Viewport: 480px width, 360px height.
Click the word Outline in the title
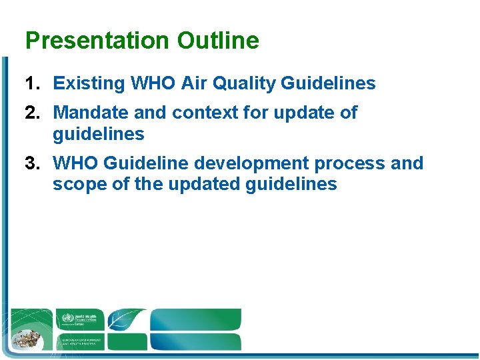pyautogui.click(x=218, y=41)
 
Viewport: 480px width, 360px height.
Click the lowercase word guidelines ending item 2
pyautogui.click(x=99, y=134)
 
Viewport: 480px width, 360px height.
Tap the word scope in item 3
pyautogui.click(x=77, y=184)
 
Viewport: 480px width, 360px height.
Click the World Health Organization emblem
pyautogui.click(x=67, y=319)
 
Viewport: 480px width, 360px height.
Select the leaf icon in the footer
pyautogui.click(x=127, y=319)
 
